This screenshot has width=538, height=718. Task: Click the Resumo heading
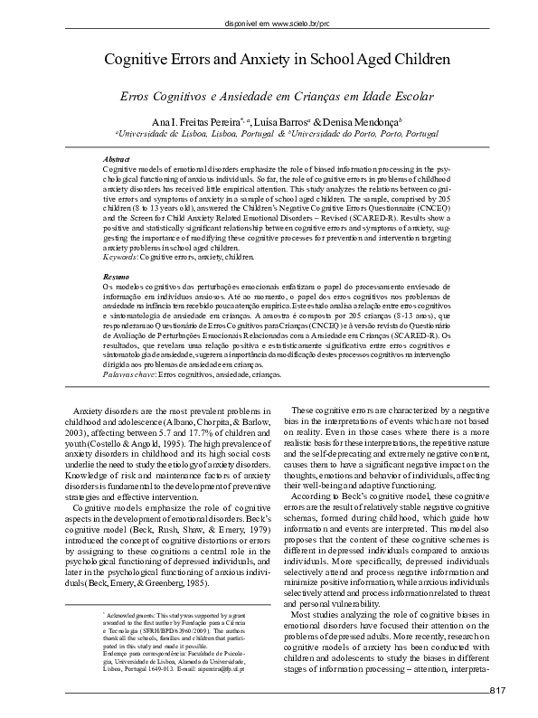pos(116,275)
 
